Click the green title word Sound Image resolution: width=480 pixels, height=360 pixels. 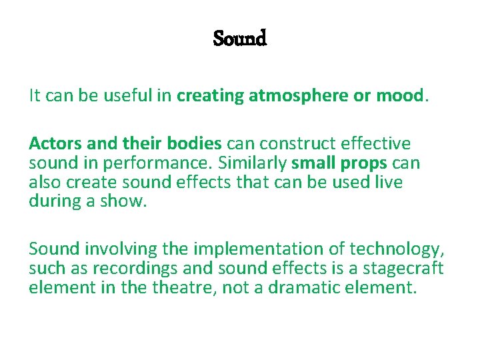pyautogui.click(x=240, y=39)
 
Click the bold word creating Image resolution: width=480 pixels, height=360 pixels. pyautogui.click(x=211, y=96)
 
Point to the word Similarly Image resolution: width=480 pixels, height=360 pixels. pyautogui.click(x=251, y=163)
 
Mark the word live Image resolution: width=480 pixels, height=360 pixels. pyautogui.click(x=390, y=182)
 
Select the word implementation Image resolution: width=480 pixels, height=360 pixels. pyautogui.click(x=243, y=249)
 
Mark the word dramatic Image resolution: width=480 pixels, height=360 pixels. pyautogui.click(x=325, y=288)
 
